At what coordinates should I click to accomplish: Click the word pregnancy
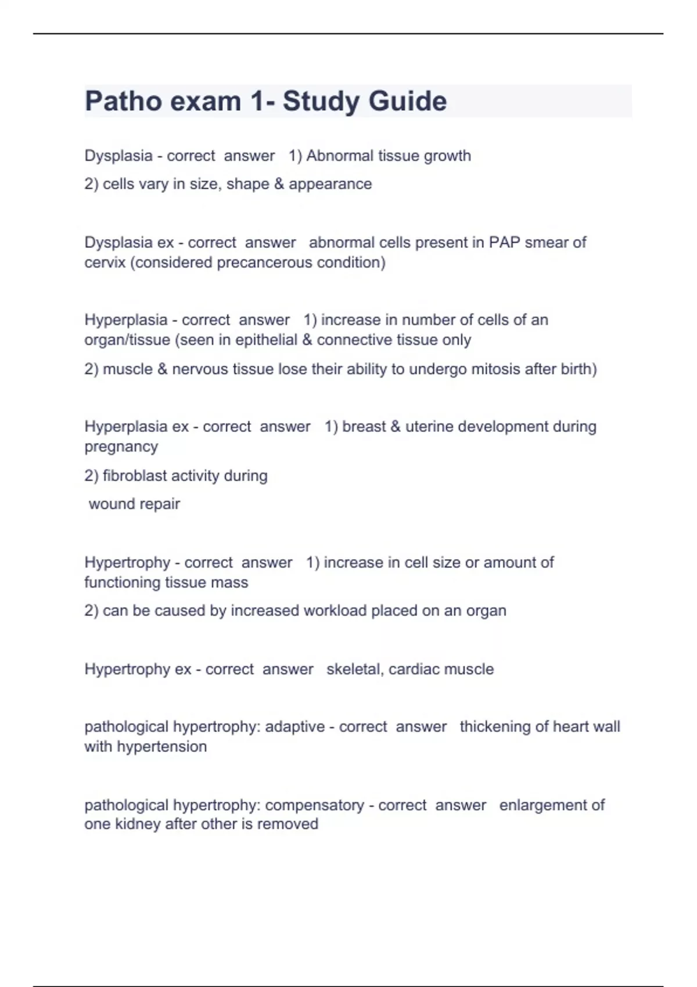121,447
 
